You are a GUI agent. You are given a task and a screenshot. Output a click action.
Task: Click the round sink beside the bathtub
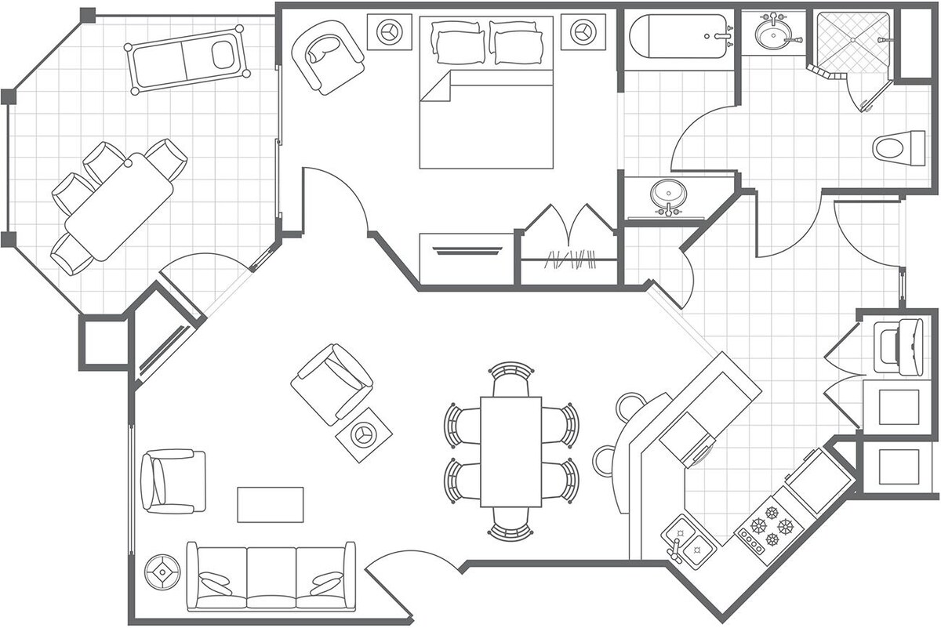point(773,34)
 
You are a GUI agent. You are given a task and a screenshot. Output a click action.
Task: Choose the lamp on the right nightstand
point(581,31)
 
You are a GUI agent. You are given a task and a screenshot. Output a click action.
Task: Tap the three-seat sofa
point(271,576)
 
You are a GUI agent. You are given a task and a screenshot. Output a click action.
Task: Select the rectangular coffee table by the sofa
point(271,504)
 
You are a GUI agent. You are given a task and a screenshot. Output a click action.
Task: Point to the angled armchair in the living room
point(332,382)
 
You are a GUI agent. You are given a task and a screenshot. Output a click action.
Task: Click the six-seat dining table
point(511,452)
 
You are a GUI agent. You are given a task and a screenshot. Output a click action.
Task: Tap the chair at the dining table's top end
point(510,380)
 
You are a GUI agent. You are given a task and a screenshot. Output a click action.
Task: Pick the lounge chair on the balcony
point(187,60)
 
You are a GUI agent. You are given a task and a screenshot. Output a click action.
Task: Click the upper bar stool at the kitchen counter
point(632,406)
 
